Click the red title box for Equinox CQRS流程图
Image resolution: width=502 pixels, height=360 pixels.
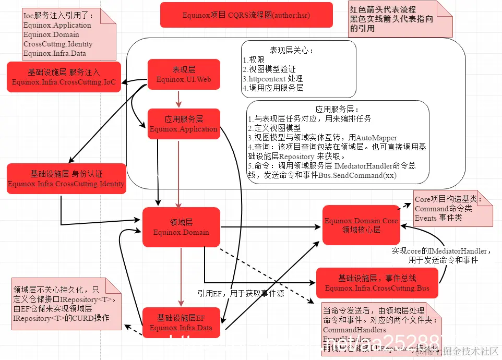tap(246, 15)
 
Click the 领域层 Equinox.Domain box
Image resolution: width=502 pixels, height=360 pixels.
tap(181, 227)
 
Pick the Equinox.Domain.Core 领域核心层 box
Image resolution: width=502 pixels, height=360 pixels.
tap(361, 225)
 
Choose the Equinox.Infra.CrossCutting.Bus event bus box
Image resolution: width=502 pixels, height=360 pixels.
tap(377, 283)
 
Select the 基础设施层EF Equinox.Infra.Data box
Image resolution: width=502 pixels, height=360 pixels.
tap(181, 322)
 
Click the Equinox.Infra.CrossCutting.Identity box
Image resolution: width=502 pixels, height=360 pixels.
tap(66, 178)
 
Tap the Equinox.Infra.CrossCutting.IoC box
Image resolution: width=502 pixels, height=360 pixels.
tap(64, 77)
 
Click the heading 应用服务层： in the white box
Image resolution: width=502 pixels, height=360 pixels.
tap(335, 109)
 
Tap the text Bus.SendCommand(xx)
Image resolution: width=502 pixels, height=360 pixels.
tap(357, 175)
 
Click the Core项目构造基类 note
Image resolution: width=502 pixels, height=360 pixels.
tap(449, 208)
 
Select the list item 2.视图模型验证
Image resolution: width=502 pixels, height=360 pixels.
tap(269, 69)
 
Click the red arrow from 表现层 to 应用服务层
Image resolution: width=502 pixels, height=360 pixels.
tap(178, 98)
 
